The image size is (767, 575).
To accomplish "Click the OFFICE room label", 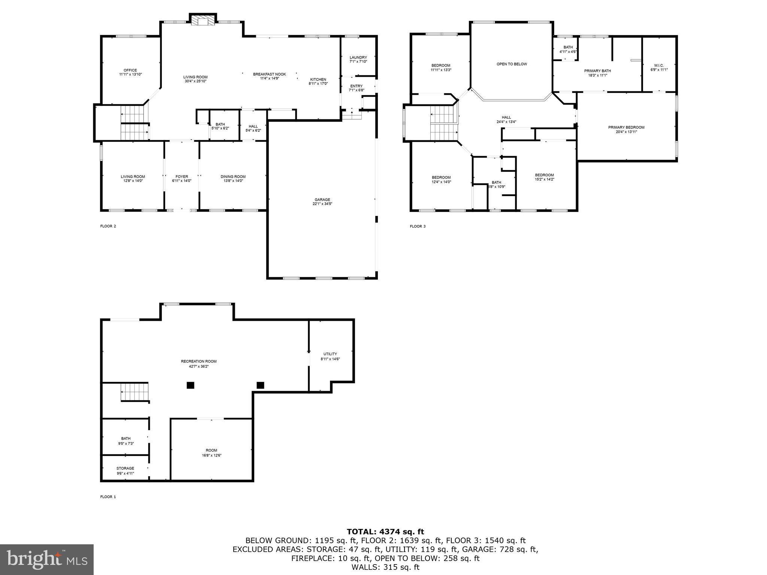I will pyautogui.click(x=130, y=70).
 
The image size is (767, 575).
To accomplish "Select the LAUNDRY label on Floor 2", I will pyautogui.click(x=358, y=57).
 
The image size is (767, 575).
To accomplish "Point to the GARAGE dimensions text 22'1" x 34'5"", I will pyautogui.click(x=322, y=204).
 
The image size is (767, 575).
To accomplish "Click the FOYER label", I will pyautogui.click(x=182, y=177).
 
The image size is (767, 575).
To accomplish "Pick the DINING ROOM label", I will pyautogui.click(x=233, y=177).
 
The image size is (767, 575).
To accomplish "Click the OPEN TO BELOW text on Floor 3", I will pyautogui.click(x=512, y=64).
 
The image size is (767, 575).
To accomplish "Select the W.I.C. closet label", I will pyautogui.click(x=659, y=66).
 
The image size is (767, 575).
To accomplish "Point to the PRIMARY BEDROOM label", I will pyautogui.click(x=626, y=127).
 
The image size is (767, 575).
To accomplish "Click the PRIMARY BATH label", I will pyautogui.click(x=597, y=71).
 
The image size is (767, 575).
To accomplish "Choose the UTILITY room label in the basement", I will pyautogui.click(x=330, y=354).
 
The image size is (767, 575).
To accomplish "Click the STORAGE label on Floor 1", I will pyautogui.click(x=125, y=468).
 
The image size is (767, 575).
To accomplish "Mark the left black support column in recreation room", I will pyautogui.click(x=191, y=385).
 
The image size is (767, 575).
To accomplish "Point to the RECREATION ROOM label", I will pyautogui.click(x=198, y=361).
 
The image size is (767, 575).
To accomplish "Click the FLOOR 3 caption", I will pyautogui.click(x=418, y=226).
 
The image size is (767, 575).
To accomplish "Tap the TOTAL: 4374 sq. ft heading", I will pyautogui.click(x=385, y=532).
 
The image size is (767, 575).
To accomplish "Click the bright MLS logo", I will pyautogui.click(x=47, y=560).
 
